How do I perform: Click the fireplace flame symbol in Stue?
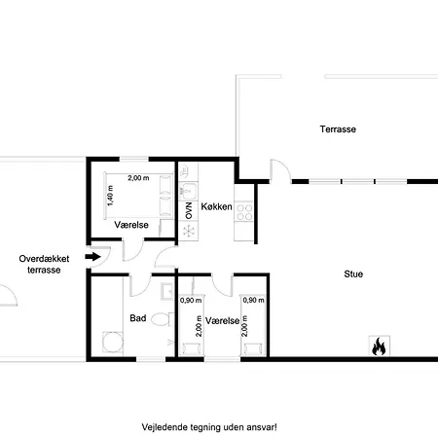click(379, 347)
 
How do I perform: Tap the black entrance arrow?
click(93, 257)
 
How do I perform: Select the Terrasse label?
click(338, 129)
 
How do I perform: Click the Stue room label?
click(353, 274)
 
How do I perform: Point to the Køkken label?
click(216, 206)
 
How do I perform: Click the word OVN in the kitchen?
click(189, 210)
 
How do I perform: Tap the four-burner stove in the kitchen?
click(244, 212)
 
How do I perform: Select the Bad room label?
click(138, 318)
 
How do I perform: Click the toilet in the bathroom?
click(163, 319)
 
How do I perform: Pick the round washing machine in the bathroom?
click(113, 342)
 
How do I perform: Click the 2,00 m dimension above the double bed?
click(138, 178)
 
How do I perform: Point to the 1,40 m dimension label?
click(110, 196)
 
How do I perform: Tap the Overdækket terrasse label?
click(44, 264)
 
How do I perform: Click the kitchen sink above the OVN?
click(188, 191)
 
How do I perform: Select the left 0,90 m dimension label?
click(191, 301)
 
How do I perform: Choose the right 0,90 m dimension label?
click(253, 300)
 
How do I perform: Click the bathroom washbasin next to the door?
click(167, 291)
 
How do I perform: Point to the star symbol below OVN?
click(189, 231)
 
